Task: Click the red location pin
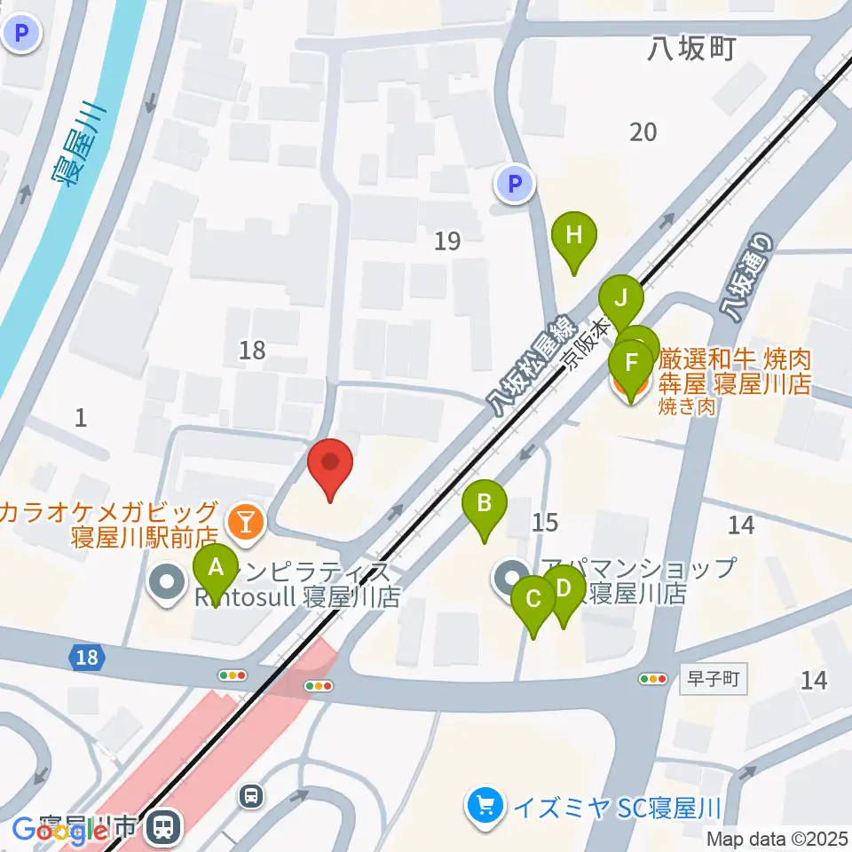tap(330, 464)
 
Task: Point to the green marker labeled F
tap(631, 365)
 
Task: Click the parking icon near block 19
tap(513, 185)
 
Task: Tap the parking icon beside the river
tap(21, 35)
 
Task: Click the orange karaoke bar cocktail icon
tap(242, 519)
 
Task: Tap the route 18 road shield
tap(86, 658)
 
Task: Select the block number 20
tap(643, 132)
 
